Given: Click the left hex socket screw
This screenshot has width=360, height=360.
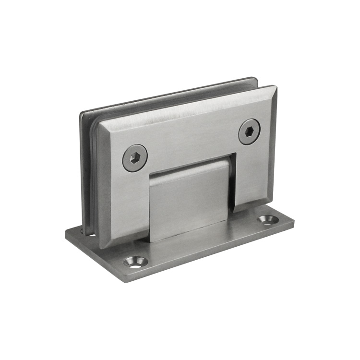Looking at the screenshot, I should [x=134, y=158].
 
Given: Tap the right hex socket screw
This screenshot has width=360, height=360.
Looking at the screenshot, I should [x=250, y=132].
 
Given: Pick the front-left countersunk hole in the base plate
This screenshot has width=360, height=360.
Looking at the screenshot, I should [x=136, y=262].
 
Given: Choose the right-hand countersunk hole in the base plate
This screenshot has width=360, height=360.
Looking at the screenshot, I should [x=267, y=220].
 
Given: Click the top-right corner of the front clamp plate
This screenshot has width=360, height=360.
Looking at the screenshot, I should [x=276, y=87].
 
